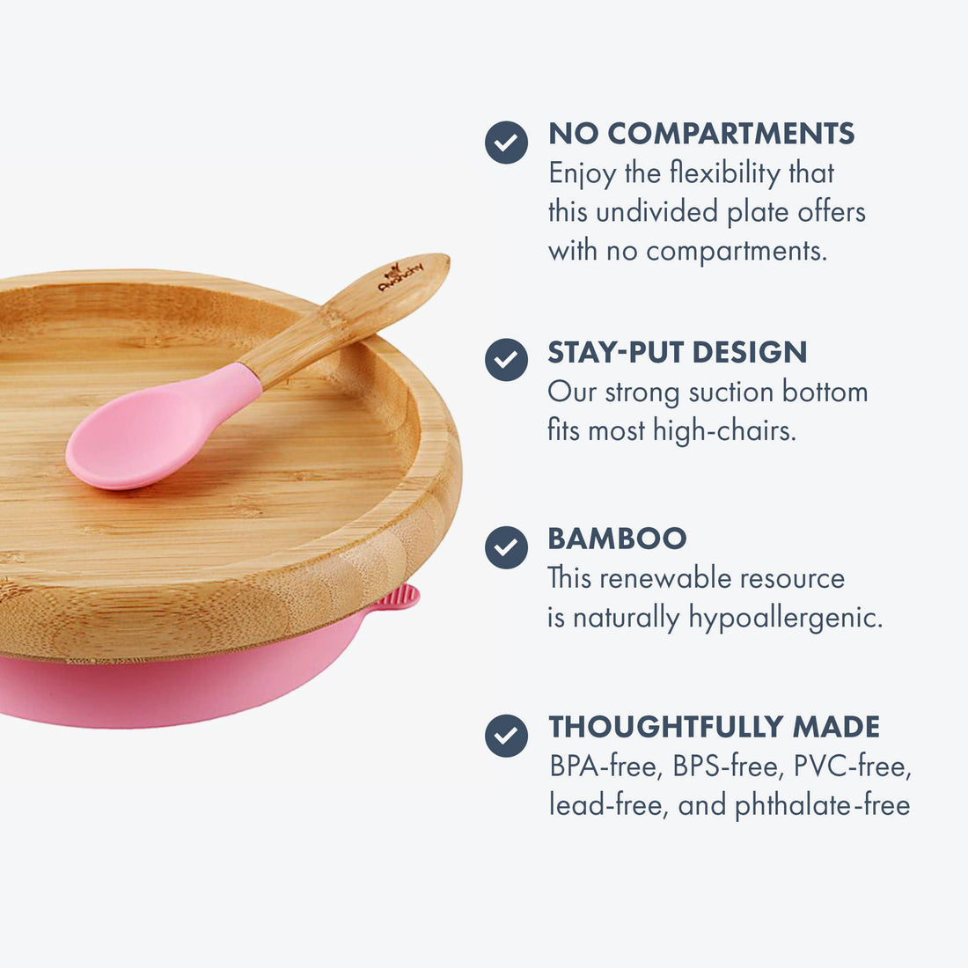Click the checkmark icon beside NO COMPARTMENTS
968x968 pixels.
(x=506, y=143)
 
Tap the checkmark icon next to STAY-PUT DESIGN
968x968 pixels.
(x=506, y=359)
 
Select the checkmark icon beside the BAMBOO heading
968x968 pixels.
(x=506, y=547)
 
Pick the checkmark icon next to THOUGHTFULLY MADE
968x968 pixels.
(x=506, y=736)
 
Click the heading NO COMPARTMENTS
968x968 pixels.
(x=701, y=134)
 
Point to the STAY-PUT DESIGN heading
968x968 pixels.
(x=677, y=352)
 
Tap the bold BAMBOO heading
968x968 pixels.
(x=617, y=539)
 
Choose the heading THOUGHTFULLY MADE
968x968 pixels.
(x=714, y=727)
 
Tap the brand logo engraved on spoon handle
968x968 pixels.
(x=401, y=276)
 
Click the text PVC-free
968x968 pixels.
(x=852, y=767)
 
